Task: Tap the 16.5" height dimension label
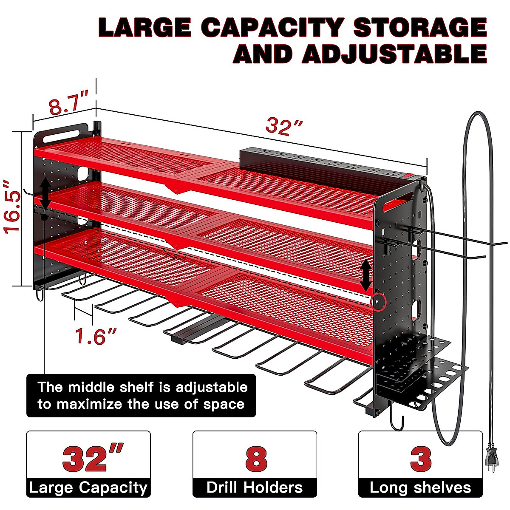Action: click(12, 207)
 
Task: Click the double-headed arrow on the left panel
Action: click(44, 194)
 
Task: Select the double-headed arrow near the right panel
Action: click(365, 275)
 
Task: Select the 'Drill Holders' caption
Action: click(255, 488)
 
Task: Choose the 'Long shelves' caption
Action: click(420, 488)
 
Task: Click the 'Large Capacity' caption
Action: click(88, 488)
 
